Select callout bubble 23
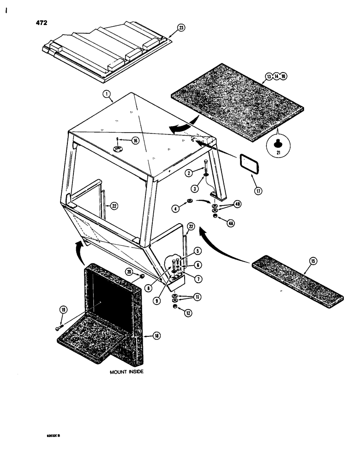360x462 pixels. tap(181, 28)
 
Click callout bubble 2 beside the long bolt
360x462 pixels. tap(188, 173)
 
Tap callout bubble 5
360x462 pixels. tap(197, 252)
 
